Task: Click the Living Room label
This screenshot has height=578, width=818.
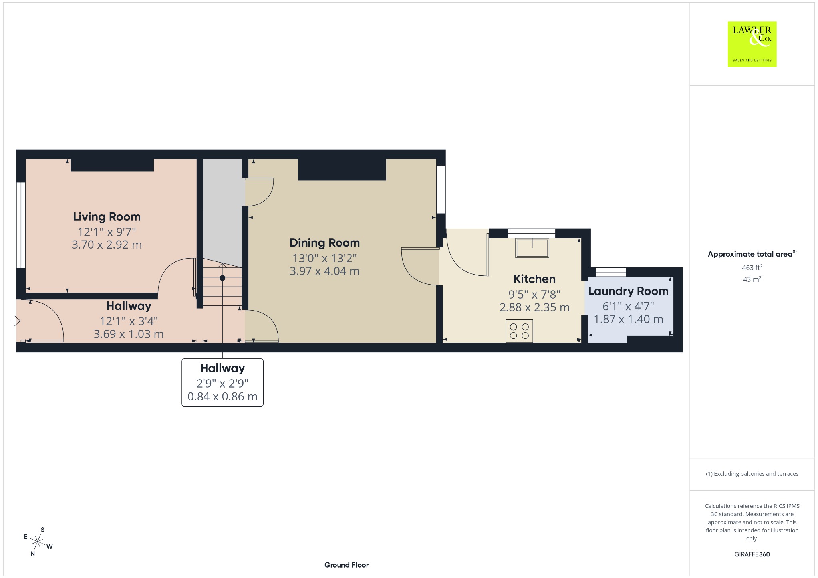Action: coord(107,217)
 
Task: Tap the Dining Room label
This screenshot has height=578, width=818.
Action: coord(324,243)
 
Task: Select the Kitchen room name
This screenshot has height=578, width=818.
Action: coord(534,279)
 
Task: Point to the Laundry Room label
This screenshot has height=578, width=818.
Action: coord(628,291)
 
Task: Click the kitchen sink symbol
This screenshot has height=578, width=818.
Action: coord(532,247)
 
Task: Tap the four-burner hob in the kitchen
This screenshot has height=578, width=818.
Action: coord(519,331)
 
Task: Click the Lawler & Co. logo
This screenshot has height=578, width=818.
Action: coord(752,44)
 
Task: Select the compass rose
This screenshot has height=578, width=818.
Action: coord(38,542)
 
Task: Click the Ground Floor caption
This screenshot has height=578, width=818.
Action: coord(346,565)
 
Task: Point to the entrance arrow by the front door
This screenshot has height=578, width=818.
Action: coord(15,321)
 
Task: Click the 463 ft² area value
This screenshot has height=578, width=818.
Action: coord(752,267)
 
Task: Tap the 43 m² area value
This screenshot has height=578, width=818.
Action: coord(752,279)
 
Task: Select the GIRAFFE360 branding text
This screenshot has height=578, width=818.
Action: coord(752,554)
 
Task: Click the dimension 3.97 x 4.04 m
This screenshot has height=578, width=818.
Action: coord(324,271)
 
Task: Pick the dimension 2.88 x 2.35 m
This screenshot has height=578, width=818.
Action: coord(534,307)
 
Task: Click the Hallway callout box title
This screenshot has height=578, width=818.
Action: coord(222,368)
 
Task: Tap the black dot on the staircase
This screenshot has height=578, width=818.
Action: coord(222,278)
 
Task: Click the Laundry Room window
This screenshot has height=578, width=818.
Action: coord(611,272)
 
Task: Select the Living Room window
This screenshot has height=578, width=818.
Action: coord(21,225)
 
